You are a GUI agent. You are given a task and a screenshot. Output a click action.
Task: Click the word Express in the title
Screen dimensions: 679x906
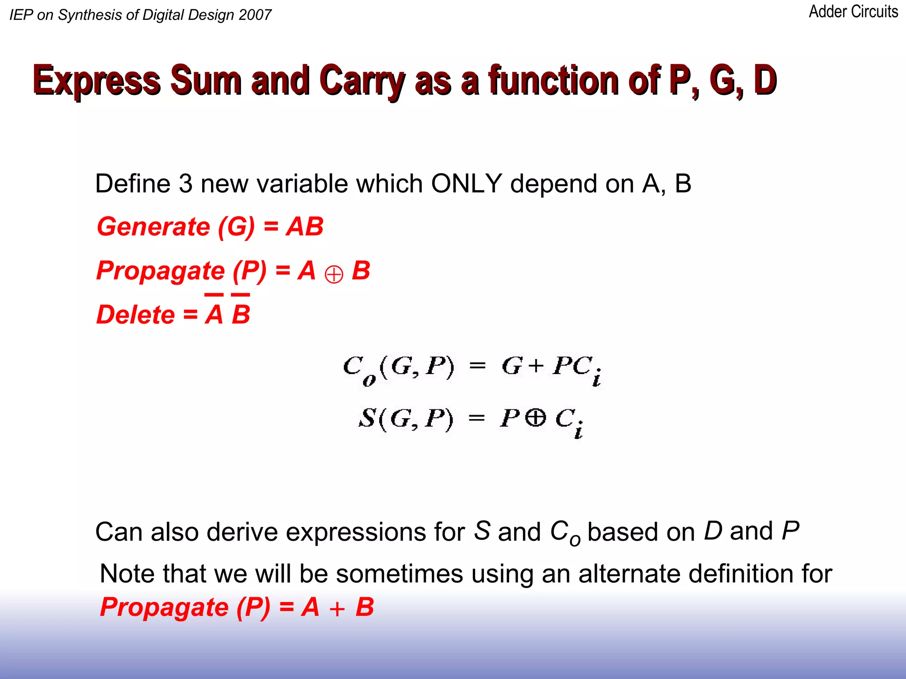pos(97,80)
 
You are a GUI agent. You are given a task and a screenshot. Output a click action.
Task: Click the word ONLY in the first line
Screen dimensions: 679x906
pos(466,183)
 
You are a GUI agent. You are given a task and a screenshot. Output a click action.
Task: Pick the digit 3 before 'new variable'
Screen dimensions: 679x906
pos(185,183)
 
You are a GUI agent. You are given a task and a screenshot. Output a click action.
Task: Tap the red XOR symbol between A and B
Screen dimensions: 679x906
pos(334,275)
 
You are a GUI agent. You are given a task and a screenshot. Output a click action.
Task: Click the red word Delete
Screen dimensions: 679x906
pos(136,315)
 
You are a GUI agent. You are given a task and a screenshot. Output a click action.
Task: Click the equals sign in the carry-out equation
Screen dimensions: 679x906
pos(477,366)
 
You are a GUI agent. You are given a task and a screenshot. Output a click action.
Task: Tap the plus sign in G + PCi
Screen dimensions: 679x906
pos(536,366)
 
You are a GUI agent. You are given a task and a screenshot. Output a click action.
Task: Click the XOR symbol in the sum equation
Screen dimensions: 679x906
pos(536,418)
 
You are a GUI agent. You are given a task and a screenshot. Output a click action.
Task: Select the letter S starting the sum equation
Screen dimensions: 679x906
pos(367,418)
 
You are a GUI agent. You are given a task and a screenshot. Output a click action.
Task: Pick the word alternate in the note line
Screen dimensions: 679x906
pos(630,574)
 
